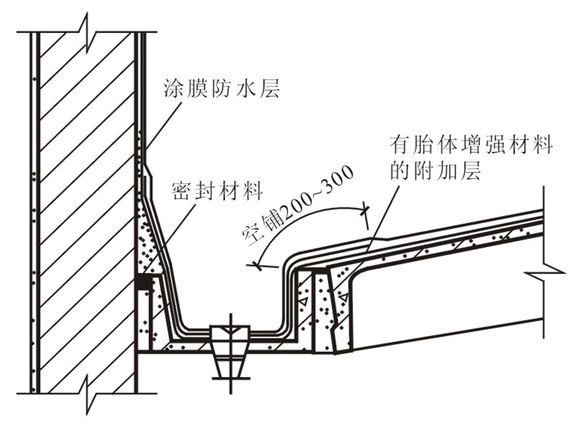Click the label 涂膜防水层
[222, 88]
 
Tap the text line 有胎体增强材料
[471, 145]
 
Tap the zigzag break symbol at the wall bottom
[86, 393]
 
